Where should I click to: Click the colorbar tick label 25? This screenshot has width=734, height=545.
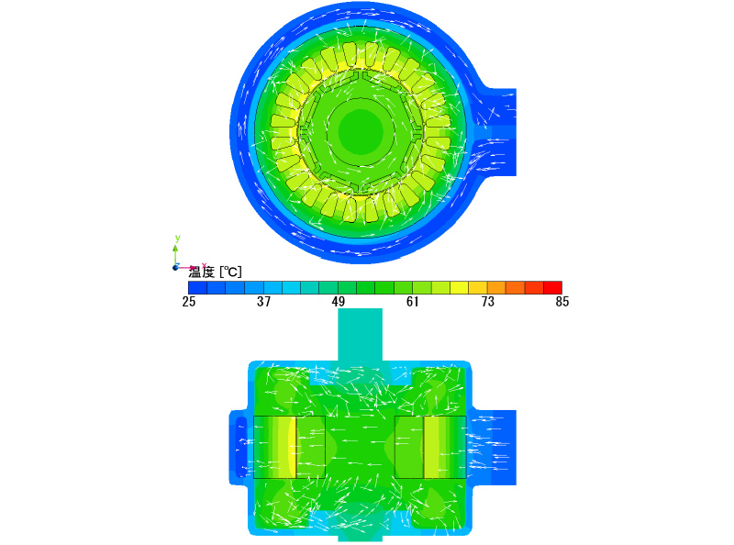click(189, 302)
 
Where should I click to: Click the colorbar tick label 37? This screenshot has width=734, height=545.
click(263, 302)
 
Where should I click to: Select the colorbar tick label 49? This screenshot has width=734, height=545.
click(338, 302)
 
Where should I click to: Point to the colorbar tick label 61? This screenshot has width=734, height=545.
click(412, 302)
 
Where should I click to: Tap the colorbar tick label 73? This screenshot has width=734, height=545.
click(488, 302)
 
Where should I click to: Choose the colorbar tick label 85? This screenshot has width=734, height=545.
click(562, 302)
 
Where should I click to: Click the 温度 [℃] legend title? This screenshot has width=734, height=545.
click(216, 272)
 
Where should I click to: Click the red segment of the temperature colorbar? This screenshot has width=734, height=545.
click(553, 287)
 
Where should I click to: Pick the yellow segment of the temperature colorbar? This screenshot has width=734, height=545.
click(460, 287)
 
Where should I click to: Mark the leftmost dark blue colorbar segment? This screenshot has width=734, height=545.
click(197, 287)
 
